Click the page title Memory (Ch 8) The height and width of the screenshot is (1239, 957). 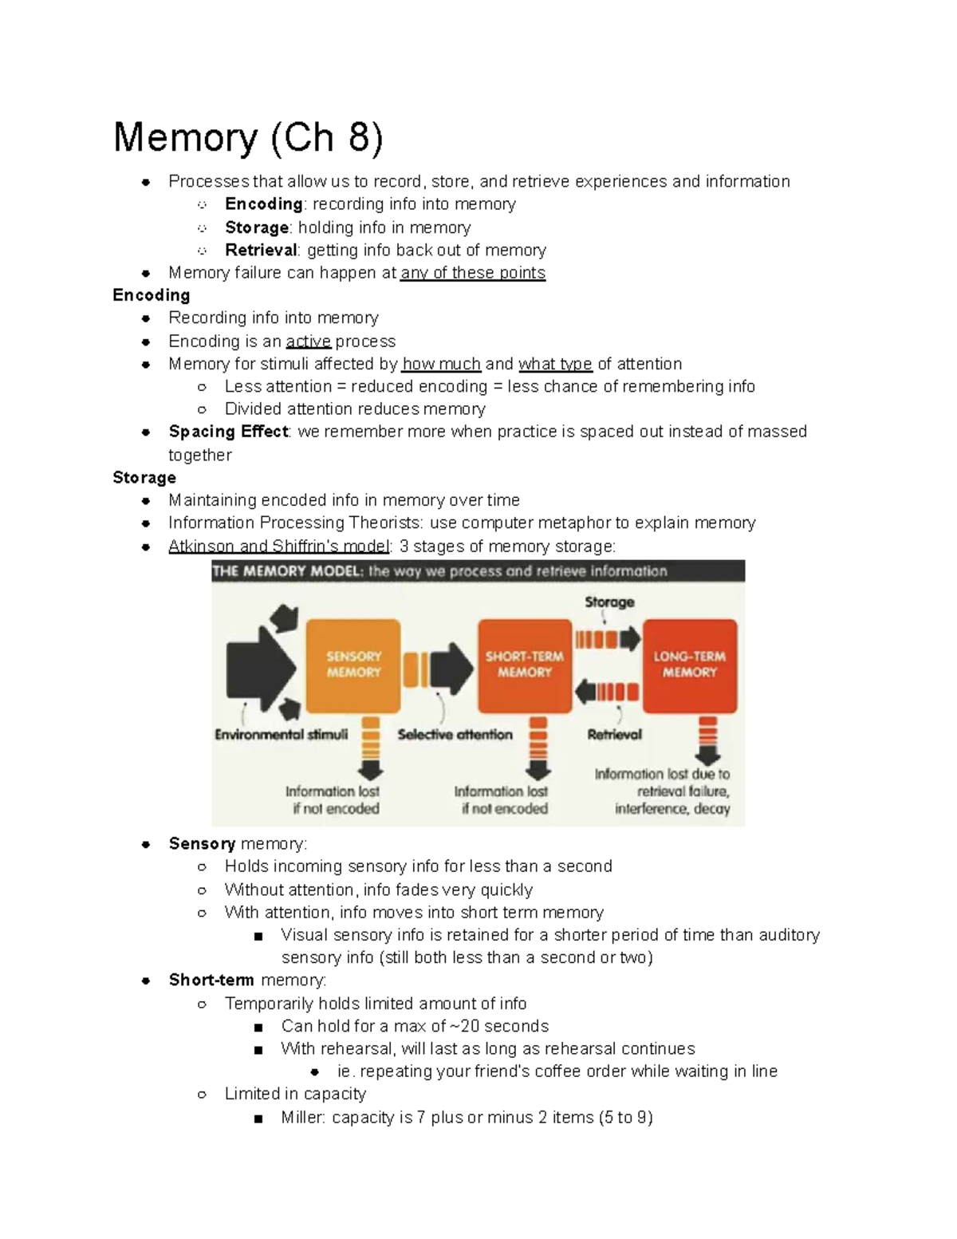[248, 137]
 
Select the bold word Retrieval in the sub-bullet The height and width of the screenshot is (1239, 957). [261, 251]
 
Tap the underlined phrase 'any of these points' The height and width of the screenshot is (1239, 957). [473, 273]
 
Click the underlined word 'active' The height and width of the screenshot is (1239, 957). [308, 341]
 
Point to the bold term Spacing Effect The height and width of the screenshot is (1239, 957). [228, 432]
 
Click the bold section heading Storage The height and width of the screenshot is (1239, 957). [144, 478]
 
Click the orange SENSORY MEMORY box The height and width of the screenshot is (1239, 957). [353, 665]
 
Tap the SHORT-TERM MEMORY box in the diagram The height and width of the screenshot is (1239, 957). [524, 665]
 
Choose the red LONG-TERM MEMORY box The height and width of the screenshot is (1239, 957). [690, 665]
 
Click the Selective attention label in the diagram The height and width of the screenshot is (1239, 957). [455, 735]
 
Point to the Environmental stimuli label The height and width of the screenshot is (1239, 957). [281, 735]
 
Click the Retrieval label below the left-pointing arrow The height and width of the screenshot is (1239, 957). [614, 735]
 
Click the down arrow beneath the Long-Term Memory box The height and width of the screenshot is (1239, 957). [707, 743]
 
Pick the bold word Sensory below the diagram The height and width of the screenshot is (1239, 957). [202, 844]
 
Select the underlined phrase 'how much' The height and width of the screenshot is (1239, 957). [442, 365]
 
